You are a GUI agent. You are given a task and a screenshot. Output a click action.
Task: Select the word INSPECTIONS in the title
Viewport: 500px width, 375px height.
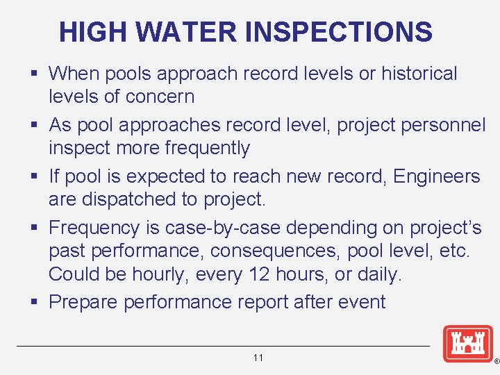click(x=339, y=32)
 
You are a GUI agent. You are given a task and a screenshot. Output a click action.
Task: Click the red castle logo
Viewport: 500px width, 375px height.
click(x=468, y=344)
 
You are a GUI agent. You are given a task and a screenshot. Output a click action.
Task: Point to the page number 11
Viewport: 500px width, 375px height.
click(x=258, y=358)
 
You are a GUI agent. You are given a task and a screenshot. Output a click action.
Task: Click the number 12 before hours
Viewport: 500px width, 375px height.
click(x=256, y=274)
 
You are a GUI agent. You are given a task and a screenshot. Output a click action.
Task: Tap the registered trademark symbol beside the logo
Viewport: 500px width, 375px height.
click(x=495, y=362)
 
